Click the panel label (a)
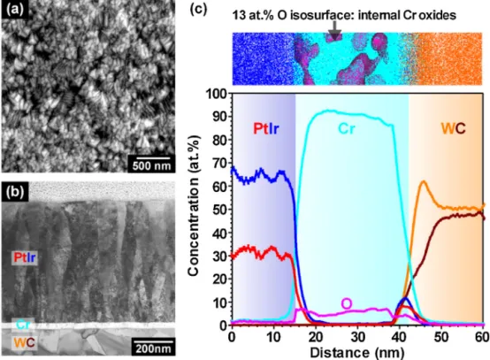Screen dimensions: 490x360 pos(14,10)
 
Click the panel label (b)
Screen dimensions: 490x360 pos(15,191)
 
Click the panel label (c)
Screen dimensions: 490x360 pos(199,10)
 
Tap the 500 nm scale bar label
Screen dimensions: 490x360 pos(151,166)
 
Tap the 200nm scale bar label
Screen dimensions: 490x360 pos(153,349)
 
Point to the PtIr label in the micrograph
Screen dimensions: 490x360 pos(25,257)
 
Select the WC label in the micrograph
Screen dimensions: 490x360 pos(24,343)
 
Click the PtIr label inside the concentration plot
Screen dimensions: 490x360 pos(266,128)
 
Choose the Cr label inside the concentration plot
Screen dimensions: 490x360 pos(346,128)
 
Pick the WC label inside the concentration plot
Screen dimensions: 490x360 pos(453,128)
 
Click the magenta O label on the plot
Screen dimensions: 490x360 pos(346,303)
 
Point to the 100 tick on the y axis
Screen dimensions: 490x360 pos(217,94)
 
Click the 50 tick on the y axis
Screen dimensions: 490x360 pos(220,210)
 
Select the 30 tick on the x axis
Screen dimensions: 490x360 pos(357,337)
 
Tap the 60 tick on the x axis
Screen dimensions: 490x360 pos(483,337)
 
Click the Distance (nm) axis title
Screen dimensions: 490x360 pos(356,353)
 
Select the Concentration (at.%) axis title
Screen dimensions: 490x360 pos(194,205)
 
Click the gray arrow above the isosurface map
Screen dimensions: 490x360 pos(334,31)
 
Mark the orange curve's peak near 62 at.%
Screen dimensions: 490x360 pos(424,181)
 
